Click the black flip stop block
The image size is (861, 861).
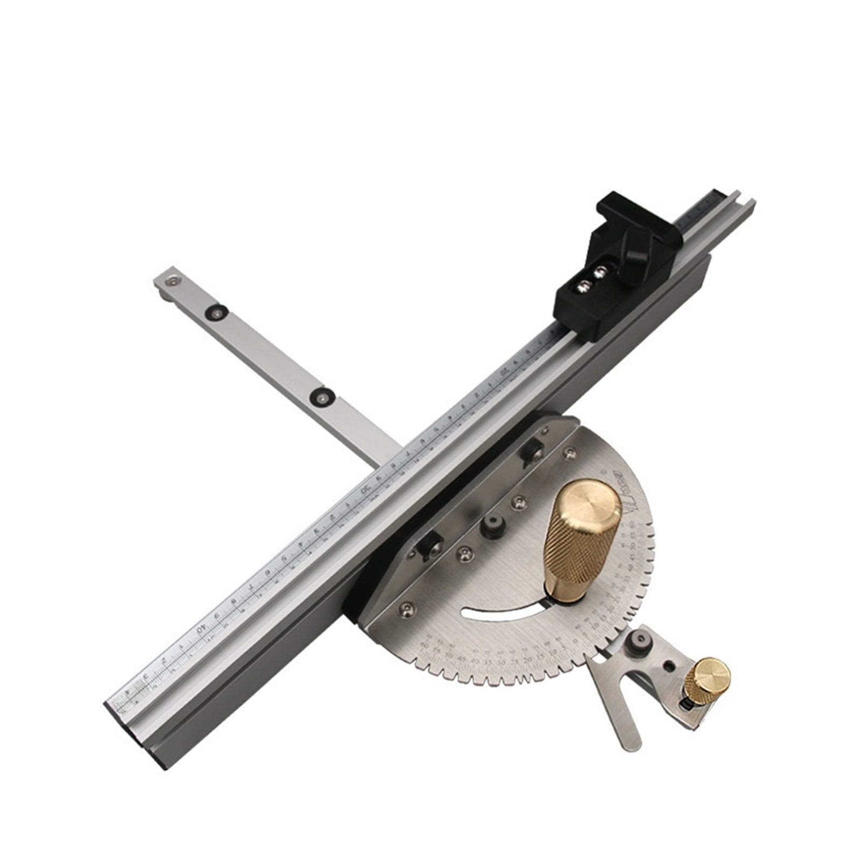(x=613, y=269)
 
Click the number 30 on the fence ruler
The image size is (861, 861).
(x=365, y=490)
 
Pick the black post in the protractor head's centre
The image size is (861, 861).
(x=493, y=528)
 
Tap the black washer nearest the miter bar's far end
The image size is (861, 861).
(x=218, y=312)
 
